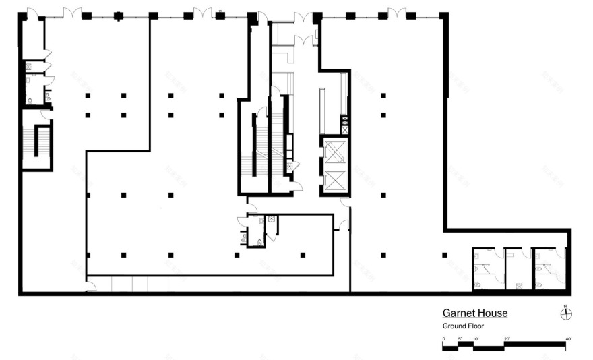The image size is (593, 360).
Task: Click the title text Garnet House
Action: pos(474,313)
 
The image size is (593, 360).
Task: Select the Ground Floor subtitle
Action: pos(463,326)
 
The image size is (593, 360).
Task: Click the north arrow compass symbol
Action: pos(566,312)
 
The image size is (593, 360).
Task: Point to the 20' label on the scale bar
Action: pos(506,338)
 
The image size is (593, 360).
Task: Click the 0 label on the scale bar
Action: pos(443,338)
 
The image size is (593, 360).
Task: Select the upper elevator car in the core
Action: pos(335,152)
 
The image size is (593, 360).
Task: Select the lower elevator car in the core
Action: pos(335,181)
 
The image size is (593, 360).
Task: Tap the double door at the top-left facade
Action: pos(72,13)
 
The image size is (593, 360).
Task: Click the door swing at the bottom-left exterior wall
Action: pos(90,287)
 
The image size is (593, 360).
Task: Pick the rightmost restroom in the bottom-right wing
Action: pos(550,269)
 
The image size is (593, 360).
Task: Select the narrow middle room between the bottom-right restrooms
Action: pos(518,270)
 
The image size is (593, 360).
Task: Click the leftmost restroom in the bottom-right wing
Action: pos(487,269)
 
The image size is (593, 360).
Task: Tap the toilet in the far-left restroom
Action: pos(30,101)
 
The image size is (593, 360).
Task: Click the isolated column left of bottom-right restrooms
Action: pos(445,255)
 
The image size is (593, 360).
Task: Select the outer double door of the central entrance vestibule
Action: pos(303,17)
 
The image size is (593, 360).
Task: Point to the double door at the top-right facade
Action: pos(397,13)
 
